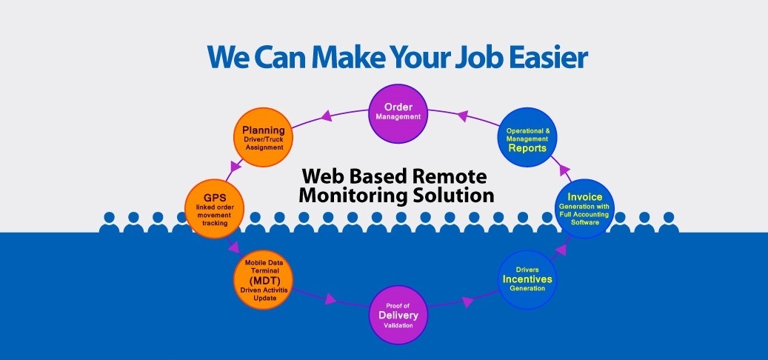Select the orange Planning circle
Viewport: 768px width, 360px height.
click(264, 138)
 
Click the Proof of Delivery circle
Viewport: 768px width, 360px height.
click(399, 314)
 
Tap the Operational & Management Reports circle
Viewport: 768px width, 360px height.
click(527, 139)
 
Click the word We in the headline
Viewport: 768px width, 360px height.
click(225, 56)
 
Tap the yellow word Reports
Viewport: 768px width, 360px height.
click(527, 147)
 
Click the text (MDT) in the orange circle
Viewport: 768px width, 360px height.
click(263, 281)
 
